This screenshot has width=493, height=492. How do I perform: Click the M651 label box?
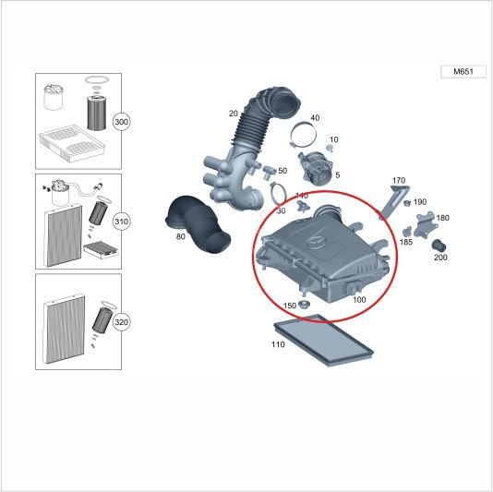coord(463,72)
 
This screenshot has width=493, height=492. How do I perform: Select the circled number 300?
coord(121,122)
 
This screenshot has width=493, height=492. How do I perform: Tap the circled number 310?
coord(121,222)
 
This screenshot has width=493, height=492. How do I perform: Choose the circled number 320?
coord(121,321)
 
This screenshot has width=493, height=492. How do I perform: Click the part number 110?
coord(278,344)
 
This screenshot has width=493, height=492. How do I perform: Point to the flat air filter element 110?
coord(323,338)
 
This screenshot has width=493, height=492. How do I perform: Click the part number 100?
coord(359,300)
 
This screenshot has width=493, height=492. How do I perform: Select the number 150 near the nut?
coord(289,306)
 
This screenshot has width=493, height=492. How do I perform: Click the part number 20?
coord(234,114)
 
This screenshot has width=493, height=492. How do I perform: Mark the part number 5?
coord(337,174)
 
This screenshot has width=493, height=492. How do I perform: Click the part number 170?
coord(399,181)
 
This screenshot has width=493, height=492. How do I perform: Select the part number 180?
coord(442,218)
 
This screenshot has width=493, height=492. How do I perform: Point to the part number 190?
coord(420,202)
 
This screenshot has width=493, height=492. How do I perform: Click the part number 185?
coord(406,242)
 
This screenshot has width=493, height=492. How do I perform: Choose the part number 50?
coord(283,171)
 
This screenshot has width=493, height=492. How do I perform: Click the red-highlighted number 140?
coord(302,196)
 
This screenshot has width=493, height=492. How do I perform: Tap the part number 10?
coord(333,139)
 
